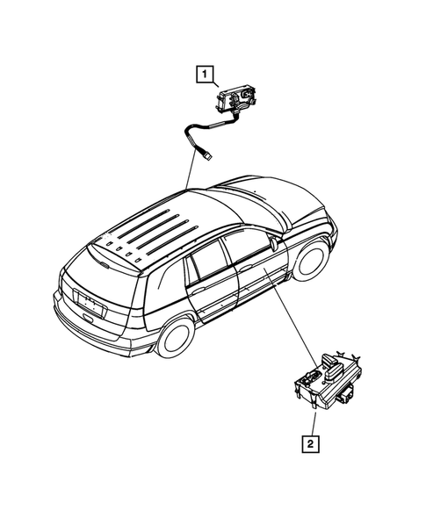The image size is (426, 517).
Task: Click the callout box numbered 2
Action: click(309, 443)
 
